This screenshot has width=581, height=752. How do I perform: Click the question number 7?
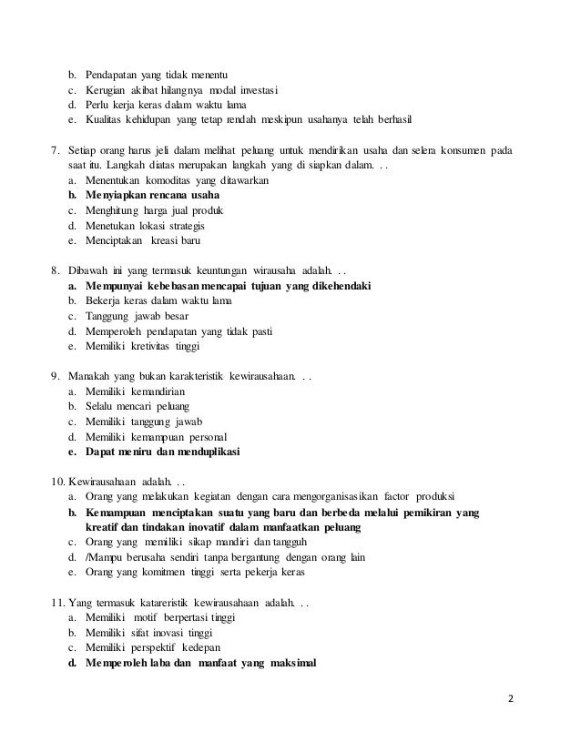coord(54,148)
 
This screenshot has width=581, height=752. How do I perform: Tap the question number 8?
coord(54,269)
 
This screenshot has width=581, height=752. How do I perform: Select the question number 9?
coord(54,375)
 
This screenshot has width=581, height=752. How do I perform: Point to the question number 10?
coord(56,480)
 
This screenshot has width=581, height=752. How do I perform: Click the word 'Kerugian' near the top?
coord(108,89)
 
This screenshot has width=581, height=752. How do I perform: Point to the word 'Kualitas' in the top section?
coord(107,120)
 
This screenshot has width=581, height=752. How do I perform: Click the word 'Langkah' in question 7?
coord(128,164)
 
